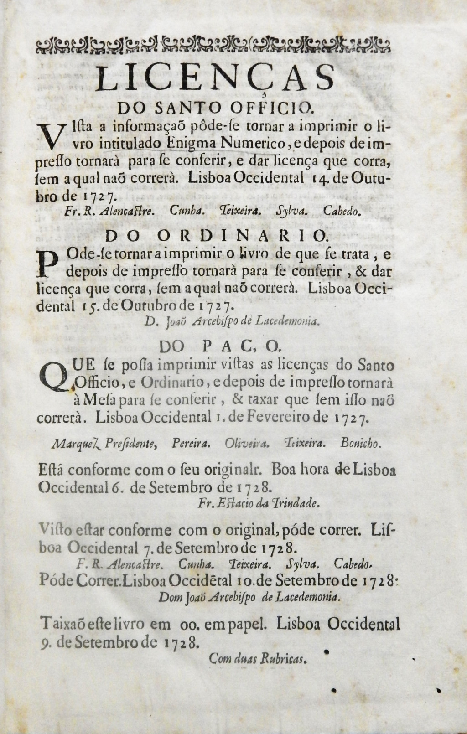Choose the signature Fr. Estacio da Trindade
click(259, 504)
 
